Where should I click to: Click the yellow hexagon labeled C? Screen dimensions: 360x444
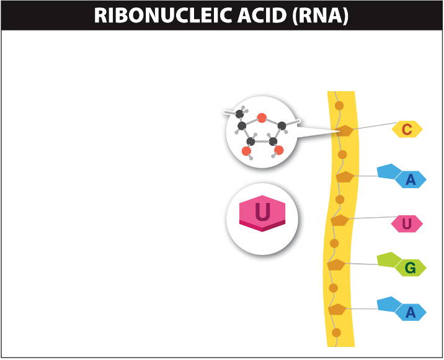pyautogui.click(x=407, y=129)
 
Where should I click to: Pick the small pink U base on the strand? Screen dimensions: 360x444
pyautogui.click(x=407, y=223)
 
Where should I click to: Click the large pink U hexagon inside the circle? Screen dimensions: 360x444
pyautogui.click(x=263, y=213)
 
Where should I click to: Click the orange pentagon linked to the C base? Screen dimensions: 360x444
pyautogui.click(x=344, y=130)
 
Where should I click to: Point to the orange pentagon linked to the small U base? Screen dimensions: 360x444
pyautogui.click(x=340, y=220)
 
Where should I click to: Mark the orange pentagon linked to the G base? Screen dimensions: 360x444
pyautogui.click(x=336, y=265)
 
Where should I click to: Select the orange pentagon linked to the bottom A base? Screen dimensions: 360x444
pyautogui.click(x=337, y=308)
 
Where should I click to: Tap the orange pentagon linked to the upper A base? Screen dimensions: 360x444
pyautogui.click(x=345, y=177)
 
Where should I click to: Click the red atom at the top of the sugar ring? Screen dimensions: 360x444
pyautogui.click(x=262, y=117)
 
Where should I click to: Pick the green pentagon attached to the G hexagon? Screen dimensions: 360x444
pyautogui.click(x=388, y=259)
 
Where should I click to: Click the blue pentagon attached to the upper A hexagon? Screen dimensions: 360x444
pyautogui.click(x=388, y=171)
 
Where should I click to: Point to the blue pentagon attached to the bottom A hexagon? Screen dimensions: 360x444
pyautogui.click(x=388, y=304)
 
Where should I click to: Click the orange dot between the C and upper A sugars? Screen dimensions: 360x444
pyautogui.click(x=342, y=154)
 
